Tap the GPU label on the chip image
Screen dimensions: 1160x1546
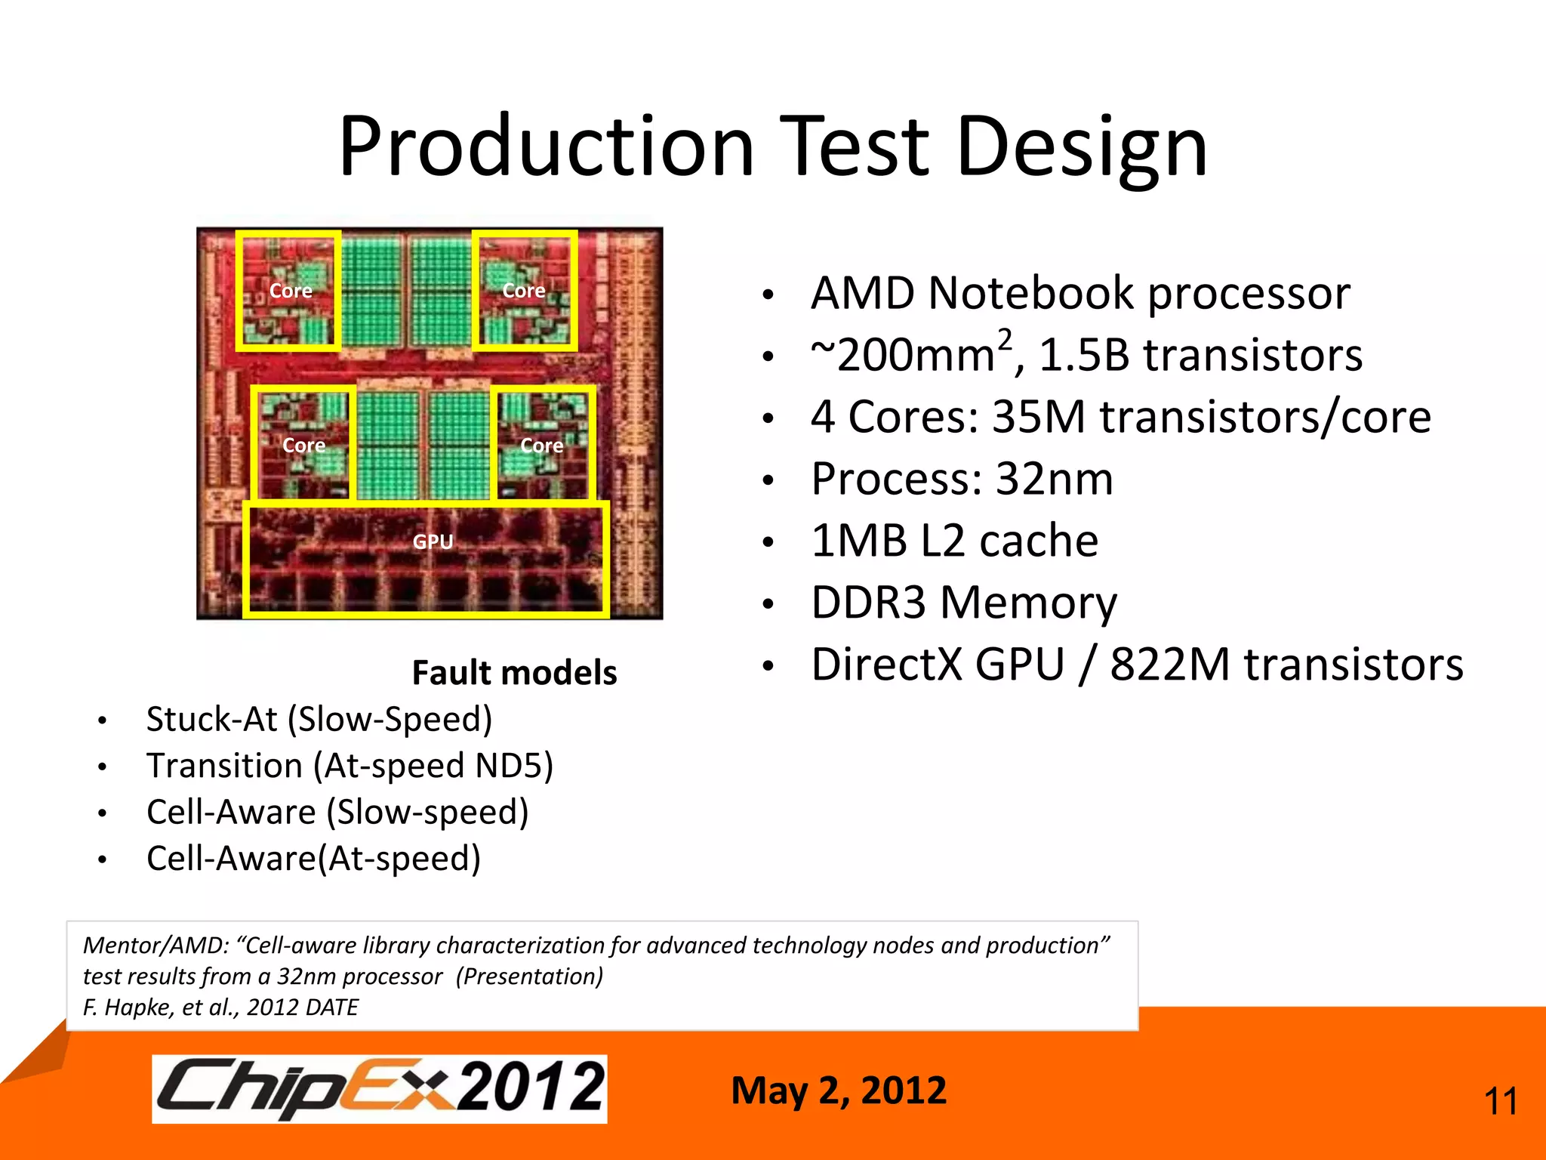pos(433,541)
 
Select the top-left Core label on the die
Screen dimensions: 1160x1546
pos(291,291)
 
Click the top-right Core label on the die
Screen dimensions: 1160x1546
pos(524,291)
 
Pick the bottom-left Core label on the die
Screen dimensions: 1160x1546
pos(303,446)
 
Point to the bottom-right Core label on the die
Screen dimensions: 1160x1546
pos(542,446)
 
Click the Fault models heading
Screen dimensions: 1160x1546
pos(514,672)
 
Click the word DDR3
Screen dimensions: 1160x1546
pos(868,603)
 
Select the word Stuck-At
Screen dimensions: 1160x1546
pos(212,719)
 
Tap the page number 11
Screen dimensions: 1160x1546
pos(1501,1102)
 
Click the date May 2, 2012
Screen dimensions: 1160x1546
pos(838,1091)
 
